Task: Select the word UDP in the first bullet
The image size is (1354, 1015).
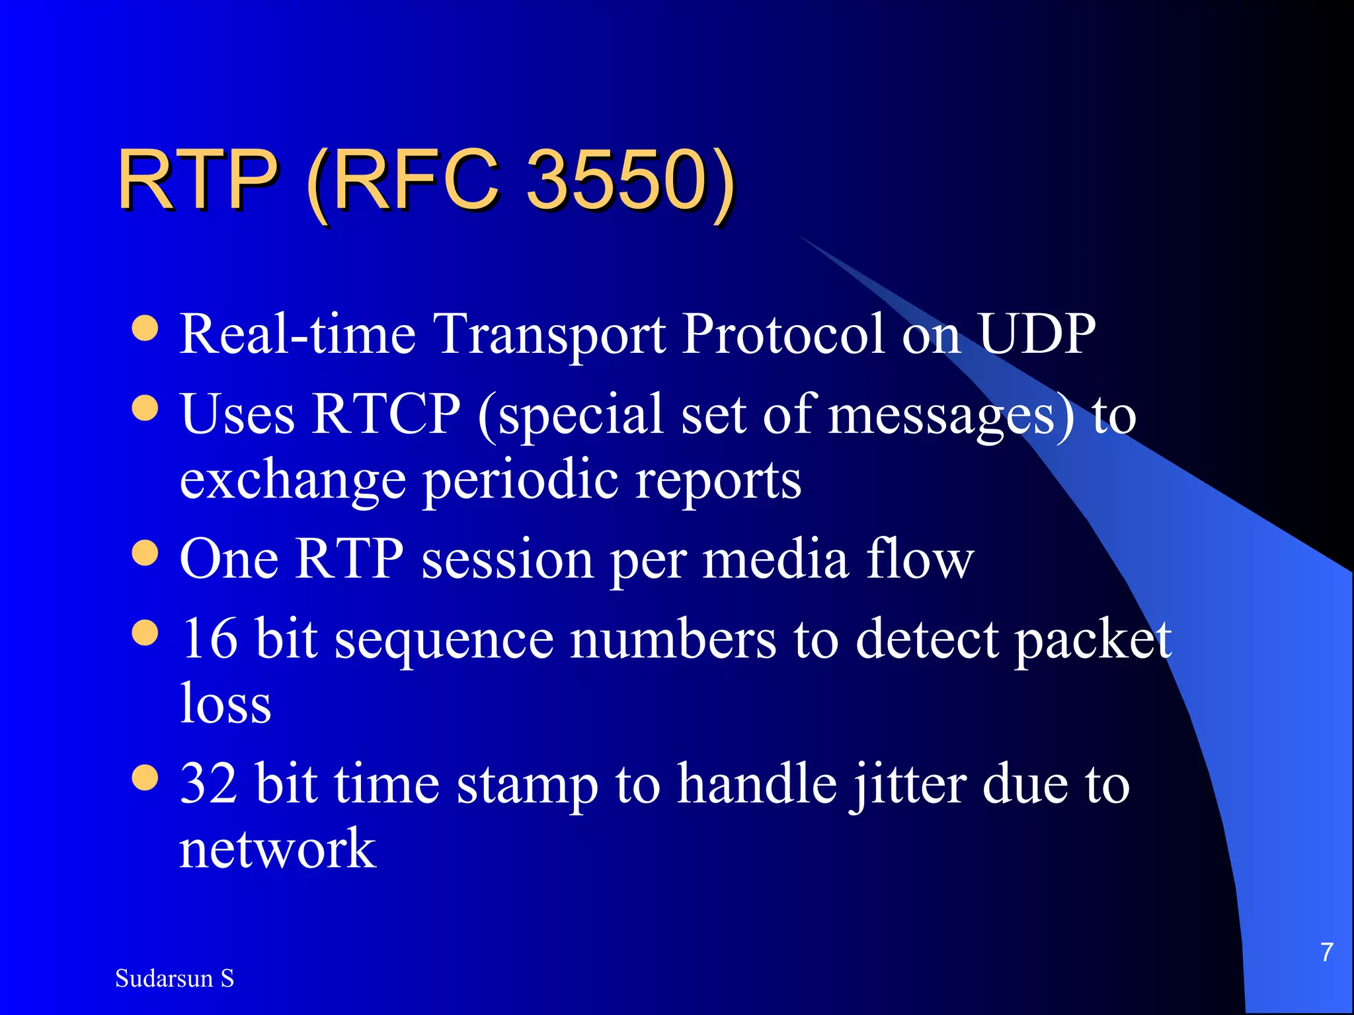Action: tap(1036, 334)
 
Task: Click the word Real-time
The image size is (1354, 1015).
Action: tap(298, 334)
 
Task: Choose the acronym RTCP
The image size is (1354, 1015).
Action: tap(386, 414)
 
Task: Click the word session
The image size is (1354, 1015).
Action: tap(507, 560)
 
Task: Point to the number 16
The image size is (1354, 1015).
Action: tap(209, 638)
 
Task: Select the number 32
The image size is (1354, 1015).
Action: tap(209, 784)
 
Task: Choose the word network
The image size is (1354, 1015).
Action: tap(278, 848)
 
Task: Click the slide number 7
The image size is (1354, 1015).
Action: tap(1326, 952)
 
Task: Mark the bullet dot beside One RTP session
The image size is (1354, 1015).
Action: tap(145, 554)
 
